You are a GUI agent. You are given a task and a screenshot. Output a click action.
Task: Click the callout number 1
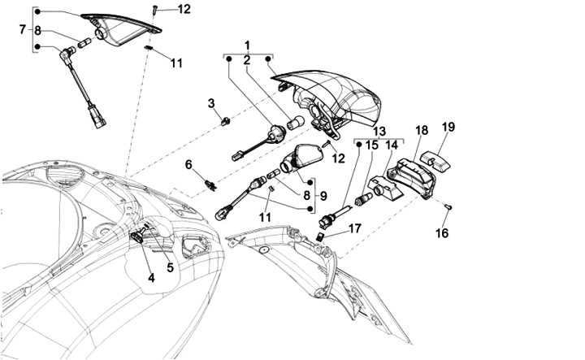coord(248,44)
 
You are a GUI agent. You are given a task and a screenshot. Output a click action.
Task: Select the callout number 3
coord(210,103)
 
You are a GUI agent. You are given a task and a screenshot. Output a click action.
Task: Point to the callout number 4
coord(150,278)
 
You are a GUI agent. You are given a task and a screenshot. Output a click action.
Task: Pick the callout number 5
coord(170,266)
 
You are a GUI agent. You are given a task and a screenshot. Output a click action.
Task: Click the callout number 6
coord(188,165)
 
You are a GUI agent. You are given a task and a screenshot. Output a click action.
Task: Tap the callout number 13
coord(379,130)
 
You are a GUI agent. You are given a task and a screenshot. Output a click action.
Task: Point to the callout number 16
coord(442,233)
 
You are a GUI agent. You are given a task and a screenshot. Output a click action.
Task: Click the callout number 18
coord(421,130)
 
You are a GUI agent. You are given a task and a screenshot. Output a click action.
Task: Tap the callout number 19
coord(448,126)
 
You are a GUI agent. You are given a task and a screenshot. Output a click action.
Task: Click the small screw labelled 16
coord(447,207)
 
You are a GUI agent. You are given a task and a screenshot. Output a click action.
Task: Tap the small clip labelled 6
coord(211,183)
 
